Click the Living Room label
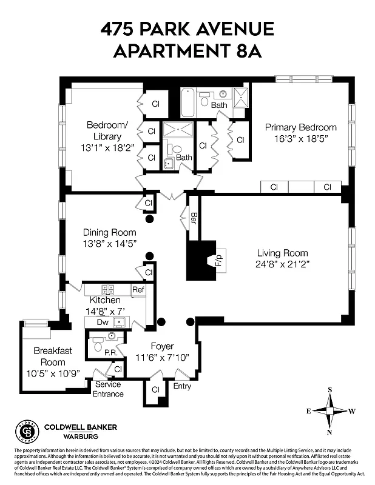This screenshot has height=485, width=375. click(x=282, y=253)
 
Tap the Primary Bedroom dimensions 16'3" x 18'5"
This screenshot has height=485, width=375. click(x=300, y=138)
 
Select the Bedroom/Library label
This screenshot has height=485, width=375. click(x=107, y=130)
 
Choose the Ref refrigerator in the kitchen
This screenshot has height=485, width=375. click(x=138, y=289)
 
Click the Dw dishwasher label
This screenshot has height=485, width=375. click(x=102, y=322)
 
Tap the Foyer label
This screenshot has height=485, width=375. click(x=163, y=346)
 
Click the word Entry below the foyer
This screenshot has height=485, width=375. click(x=182, y=386)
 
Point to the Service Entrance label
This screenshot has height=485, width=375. click(x=108, y=389)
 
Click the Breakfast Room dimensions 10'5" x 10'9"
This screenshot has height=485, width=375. click(x=53, y=373)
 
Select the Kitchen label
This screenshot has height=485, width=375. click(x=105, y=300)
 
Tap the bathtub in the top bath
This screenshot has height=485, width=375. click(x=187, y=102)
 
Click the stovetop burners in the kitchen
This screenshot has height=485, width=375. click(x=109, y=289)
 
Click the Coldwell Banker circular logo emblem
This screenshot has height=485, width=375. click(x=26, y=432)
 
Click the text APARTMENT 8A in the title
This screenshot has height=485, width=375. click(x=187, y=51)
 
